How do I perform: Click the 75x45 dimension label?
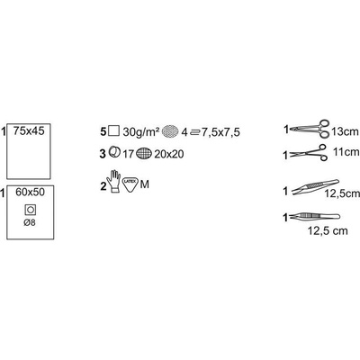tap(29, 131)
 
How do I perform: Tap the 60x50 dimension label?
tap(30, 192)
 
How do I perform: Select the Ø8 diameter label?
tap(30, 223)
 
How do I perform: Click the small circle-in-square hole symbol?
tap(31, 210)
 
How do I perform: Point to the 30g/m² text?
tap(140, 132)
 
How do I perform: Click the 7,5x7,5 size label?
tap(220, 132)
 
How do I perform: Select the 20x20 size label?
tap(169, 154)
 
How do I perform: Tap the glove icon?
tap(115, 181)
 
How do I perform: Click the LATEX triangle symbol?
tap(130, 184)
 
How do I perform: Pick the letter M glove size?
tap(145, 184)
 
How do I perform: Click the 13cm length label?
tap(346, 131)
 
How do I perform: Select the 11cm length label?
tap(346, 152)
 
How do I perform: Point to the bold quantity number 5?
tap(103, 131)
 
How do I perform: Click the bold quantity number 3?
tap(103, 154)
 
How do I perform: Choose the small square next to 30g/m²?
tap(114, 130)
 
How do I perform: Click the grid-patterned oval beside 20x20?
tap(144, 154)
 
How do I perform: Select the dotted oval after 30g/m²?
tap(170, 131)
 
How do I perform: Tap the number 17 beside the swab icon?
tap(128, 154)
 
